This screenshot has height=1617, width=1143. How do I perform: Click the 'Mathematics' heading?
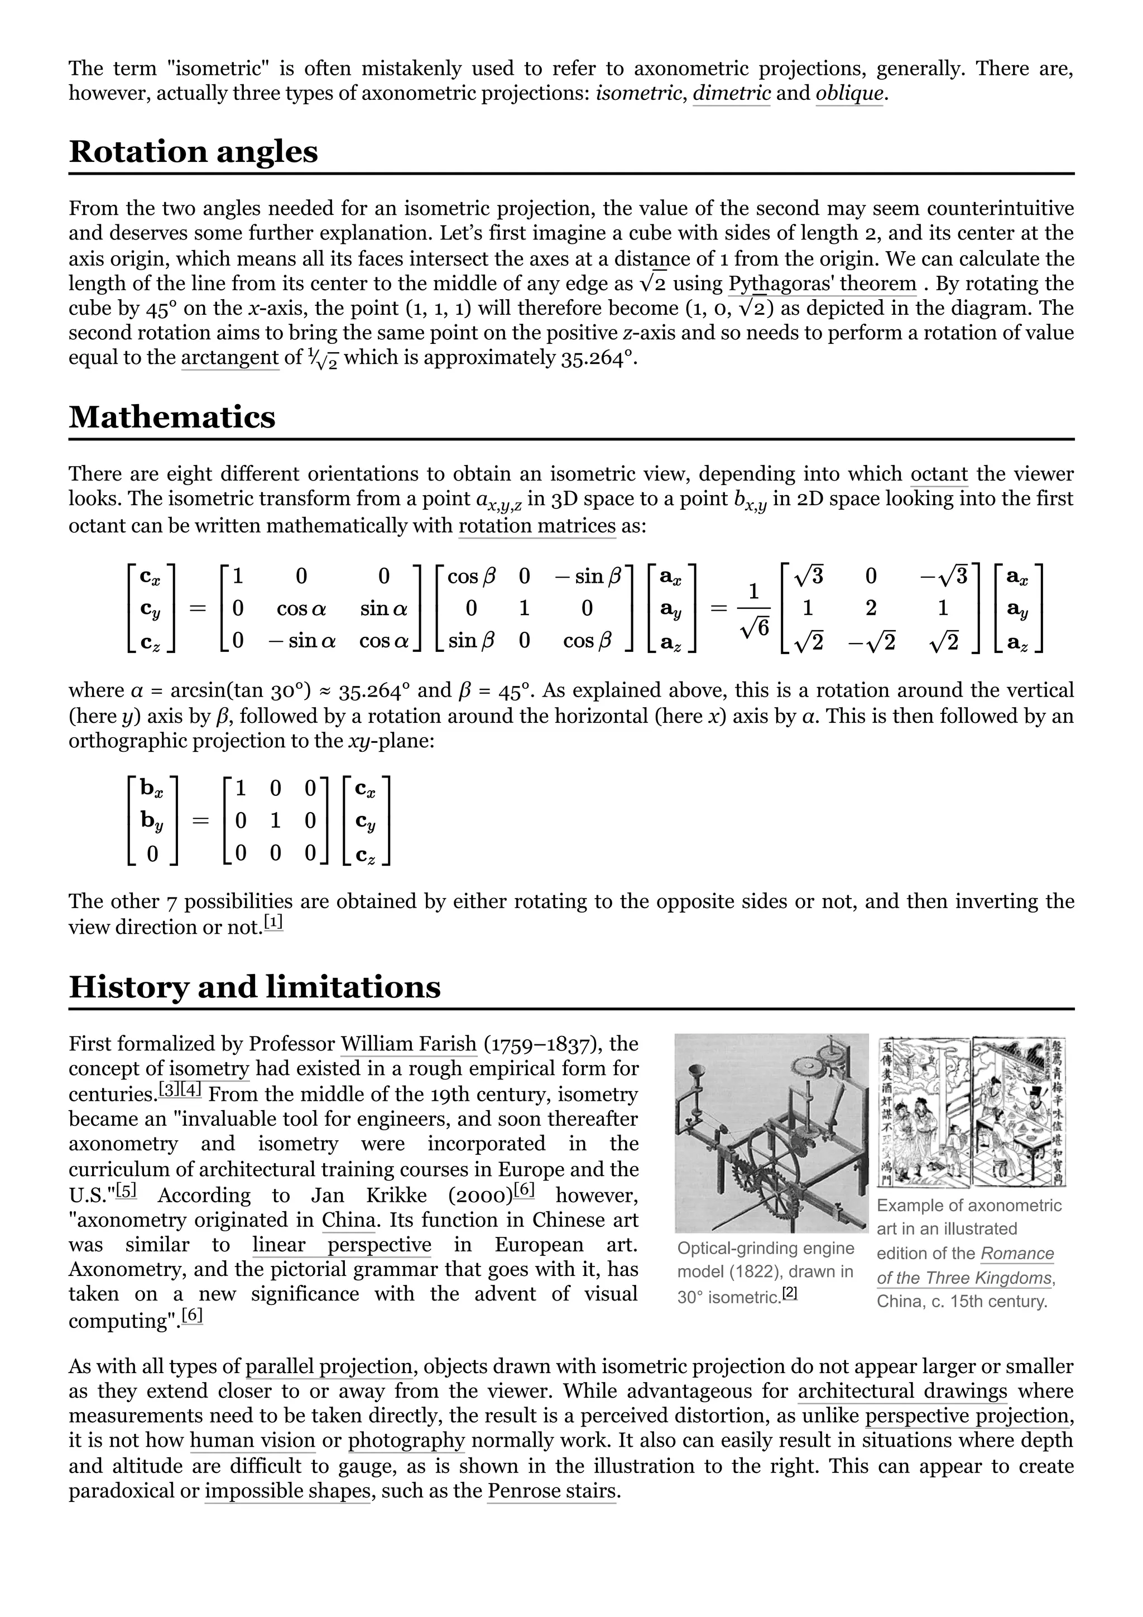pyautogui.click(x=172, y=417)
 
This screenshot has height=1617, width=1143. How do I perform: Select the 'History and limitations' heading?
pyautogui.click(x=254, y=987)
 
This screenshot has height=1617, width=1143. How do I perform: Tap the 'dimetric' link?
pyautogui.click(x=732, y=94)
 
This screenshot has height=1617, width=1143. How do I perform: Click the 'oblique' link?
pyautogui.click(x=849, y=94)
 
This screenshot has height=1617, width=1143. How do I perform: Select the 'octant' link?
pyautogui.click(x=939, y=474)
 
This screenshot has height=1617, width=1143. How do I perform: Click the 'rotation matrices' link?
pyautogui.click(x=537, y=526)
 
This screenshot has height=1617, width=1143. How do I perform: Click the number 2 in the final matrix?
pyautogui.click(x=871, y=608)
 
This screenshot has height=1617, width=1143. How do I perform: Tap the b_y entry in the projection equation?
pyautogui.click(x=151, y=821)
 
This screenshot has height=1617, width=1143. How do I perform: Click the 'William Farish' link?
pyautogui.click(x=409, y=1044)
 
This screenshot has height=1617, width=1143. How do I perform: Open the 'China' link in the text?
pyautogui.click(x=349, y=1220)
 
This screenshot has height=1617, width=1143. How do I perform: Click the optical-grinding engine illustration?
pyautogui.click(x=771, y=1133)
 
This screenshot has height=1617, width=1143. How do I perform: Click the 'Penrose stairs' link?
pyautogui.click(x=552, y=1491)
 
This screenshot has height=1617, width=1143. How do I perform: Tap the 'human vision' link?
pyautogui.click(x=252, y=1441)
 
